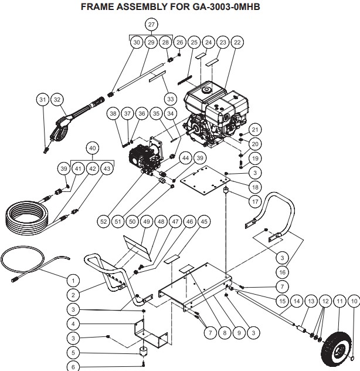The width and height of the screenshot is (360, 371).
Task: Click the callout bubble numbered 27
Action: click(x=151, y=25)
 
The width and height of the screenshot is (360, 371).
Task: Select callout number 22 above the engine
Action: click(x=237, y=42)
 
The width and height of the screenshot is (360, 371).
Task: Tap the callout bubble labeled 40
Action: click(x=93, y=148)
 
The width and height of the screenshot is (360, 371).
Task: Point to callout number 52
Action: click(x=104, y=221)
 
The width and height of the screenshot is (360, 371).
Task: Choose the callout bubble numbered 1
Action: click(x=73, y=281)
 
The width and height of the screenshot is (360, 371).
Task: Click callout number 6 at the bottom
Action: click(x=73, y=366)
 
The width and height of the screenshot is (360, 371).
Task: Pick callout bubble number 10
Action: click(x=354, y=301)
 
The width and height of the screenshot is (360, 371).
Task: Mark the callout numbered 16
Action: click(x=282, y=272)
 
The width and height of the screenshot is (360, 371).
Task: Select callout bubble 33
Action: click(x=171, y=99)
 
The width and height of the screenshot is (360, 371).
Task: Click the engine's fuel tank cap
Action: click(x=207, y=90)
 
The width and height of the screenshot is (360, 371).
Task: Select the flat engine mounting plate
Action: click(x=205, y=180)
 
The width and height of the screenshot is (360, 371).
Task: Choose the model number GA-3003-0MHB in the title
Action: click(x=226, y=6)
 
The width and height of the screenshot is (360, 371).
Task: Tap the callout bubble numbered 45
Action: click(x=204, y=221)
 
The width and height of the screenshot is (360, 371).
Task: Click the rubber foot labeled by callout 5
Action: click(x=143, y=350)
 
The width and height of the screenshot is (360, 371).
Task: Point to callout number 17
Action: click(x=255, y=201)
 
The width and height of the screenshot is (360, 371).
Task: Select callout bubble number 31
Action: click(x=43, y=99)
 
